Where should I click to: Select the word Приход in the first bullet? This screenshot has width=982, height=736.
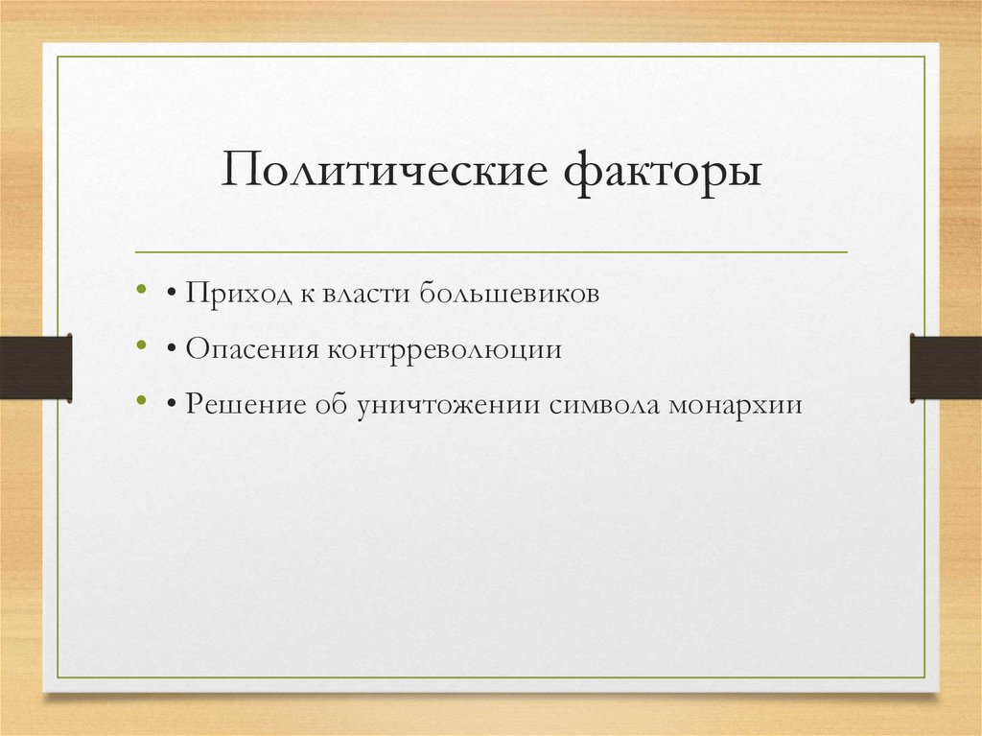point(238,294)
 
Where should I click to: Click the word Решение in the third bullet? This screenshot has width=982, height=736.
point(246,403)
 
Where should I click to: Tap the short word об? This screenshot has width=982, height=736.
point(333,403)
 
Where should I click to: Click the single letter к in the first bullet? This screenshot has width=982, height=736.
point(308,294)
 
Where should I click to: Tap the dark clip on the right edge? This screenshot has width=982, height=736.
point(946,367)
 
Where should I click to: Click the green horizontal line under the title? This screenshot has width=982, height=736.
point(491,252)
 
